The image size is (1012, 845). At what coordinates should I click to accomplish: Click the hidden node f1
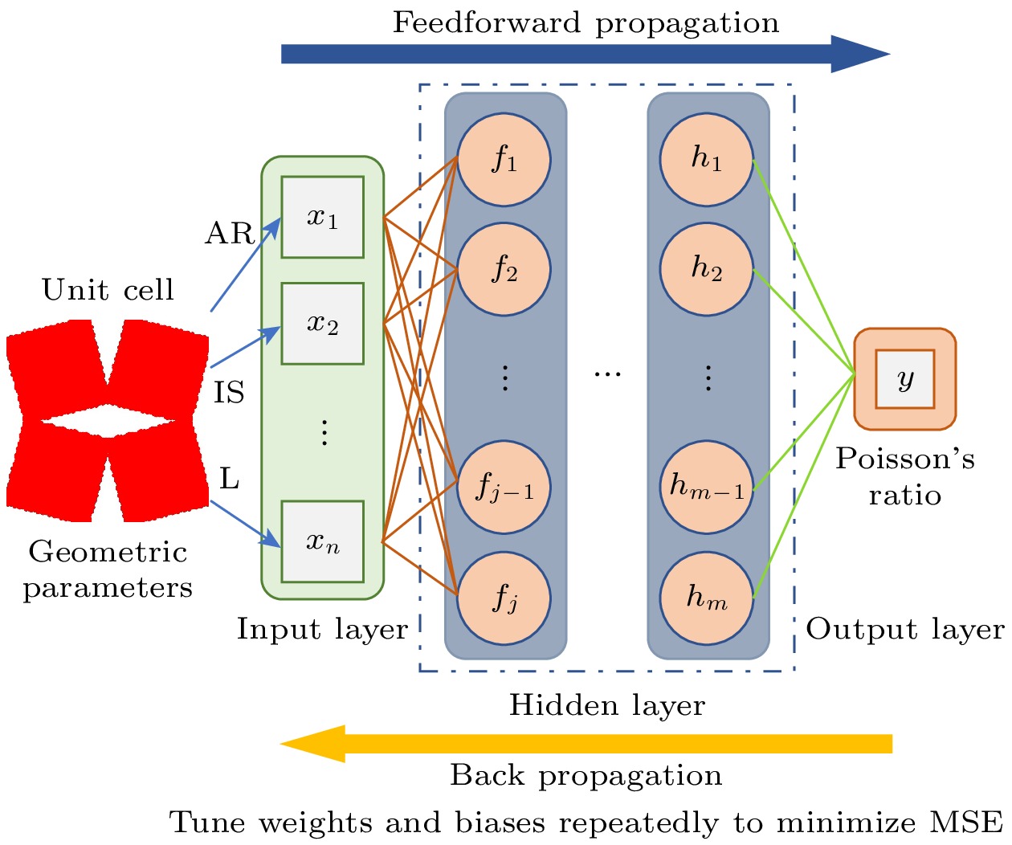[504, 159]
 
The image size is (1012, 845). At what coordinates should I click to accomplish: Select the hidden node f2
[504, 269]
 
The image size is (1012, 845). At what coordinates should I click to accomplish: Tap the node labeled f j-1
[504, 487]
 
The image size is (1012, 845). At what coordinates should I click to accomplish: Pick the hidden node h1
[707, 159]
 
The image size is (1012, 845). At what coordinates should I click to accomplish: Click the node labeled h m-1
[707, 487]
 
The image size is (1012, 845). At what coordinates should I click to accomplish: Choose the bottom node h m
[707, 598]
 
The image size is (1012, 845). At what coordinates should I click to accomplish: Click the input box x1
[322, 217]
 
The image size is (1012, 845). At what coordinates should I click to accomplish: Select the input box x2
[322, 324]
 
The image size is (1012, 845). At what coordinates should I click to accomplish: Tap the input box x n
[322, 542]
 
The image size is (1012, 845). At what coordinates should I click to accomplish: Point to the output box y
[904, 379]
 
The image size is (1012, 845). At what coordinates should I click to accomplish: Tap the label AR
[229, 234]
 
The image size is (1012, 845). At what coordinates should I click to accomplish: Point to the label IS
[229, 393]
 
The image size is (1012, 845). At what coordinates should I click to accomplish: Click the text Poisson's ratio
[904, 476]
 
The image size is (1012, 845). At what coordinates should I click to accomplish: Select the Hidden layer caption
[607, 705]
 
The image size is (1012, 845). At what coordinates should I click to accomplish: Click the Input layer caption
[322, 629]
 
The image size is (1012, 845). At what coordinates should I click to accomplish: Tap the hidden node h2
[707, 269]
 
